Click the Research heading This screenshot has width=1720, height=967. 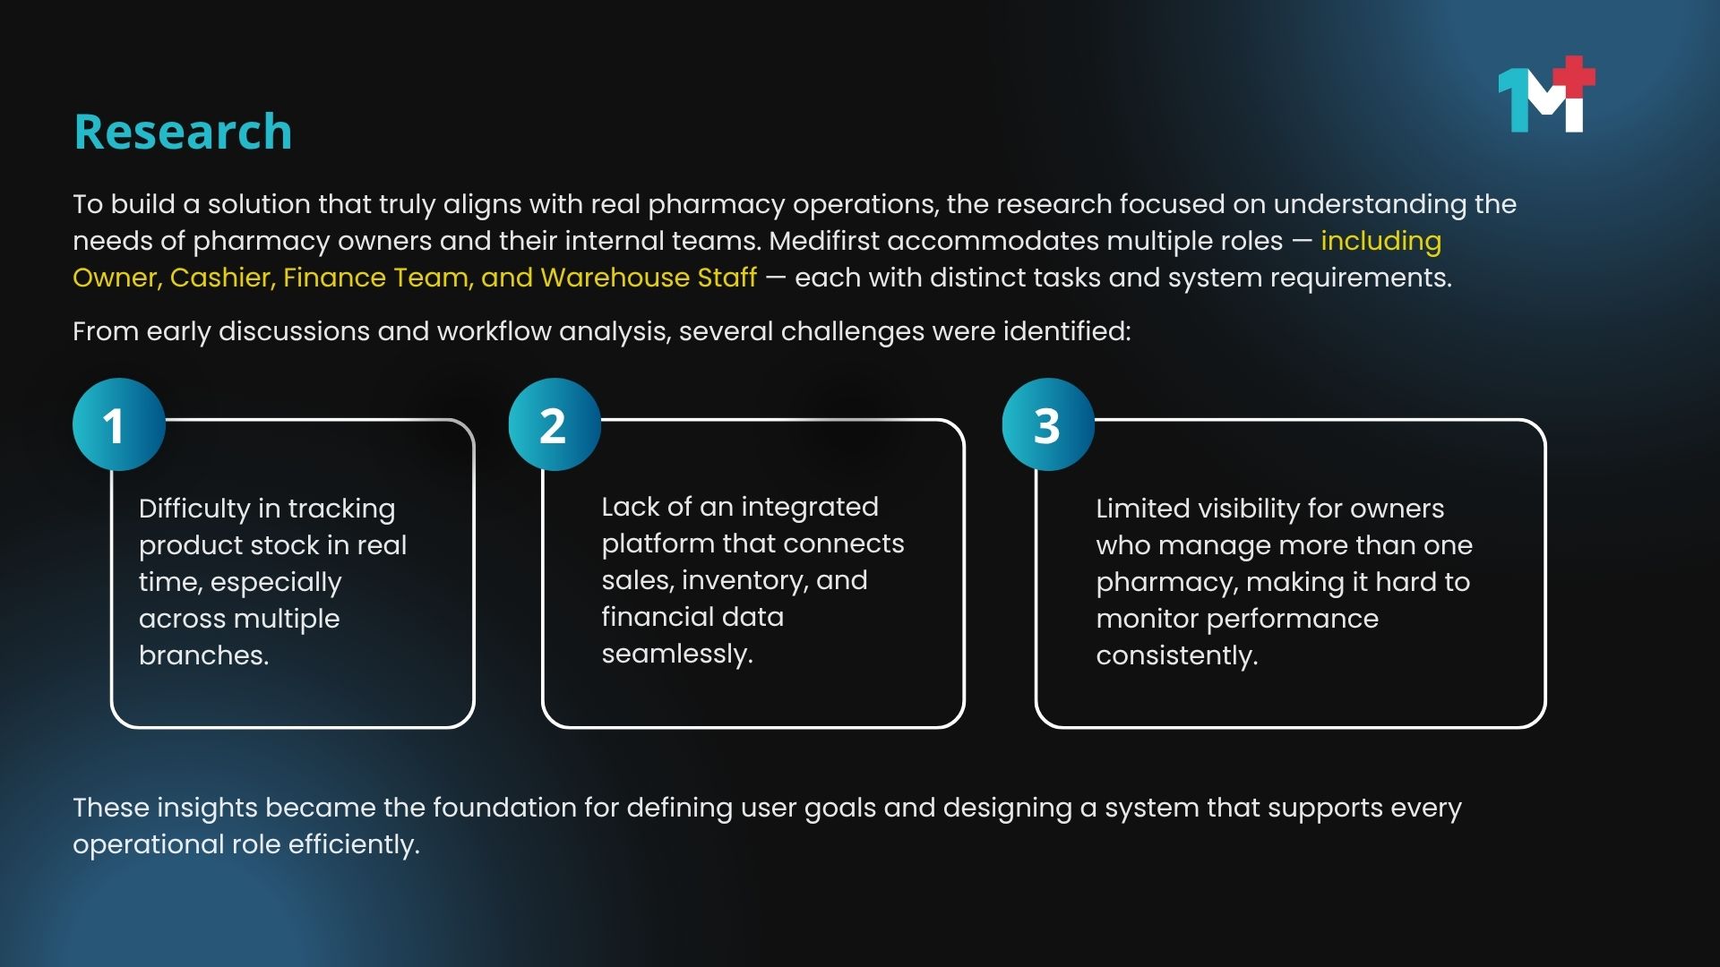coord(183,132)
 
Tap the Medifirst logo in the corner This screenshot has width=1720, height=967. coord(1546,94)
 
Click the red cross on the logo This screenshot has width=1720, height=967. coord(1574,77)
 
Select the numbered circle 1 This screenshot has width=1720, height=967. coord(119,424)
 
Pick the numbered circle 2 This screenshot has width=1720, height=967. coord(555,424)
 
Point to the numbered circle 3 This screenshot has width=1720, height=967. coord(1048,424)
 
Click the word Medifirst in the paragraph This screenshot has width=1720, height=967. coord(824,241)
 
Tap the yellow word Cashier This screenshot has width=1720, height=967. coord(222,278)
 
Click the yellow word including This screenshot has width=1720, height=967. coord(1380,242)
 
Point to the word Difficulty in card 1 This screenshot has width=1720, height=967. coord(194,509)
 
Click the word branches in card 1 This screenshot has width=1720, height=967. coord(203,655)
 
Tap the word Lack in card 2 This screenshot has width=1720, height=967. coord(631,507)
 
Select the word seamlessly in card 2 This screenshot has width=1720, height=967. coord(677,655)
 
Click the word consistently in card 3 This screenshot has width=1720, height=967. coord(1177,656)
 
